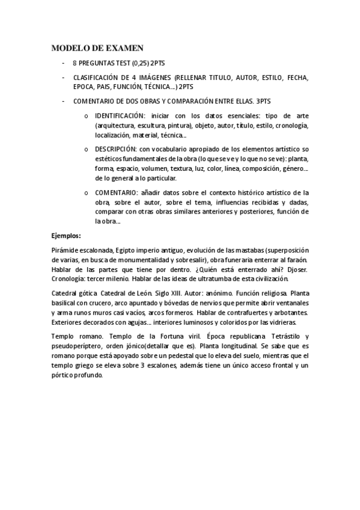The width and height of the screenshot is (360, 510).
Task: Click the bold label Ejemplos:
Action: (66, 236)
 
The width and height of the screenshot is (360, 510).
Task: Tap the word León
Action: (136, 293)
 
